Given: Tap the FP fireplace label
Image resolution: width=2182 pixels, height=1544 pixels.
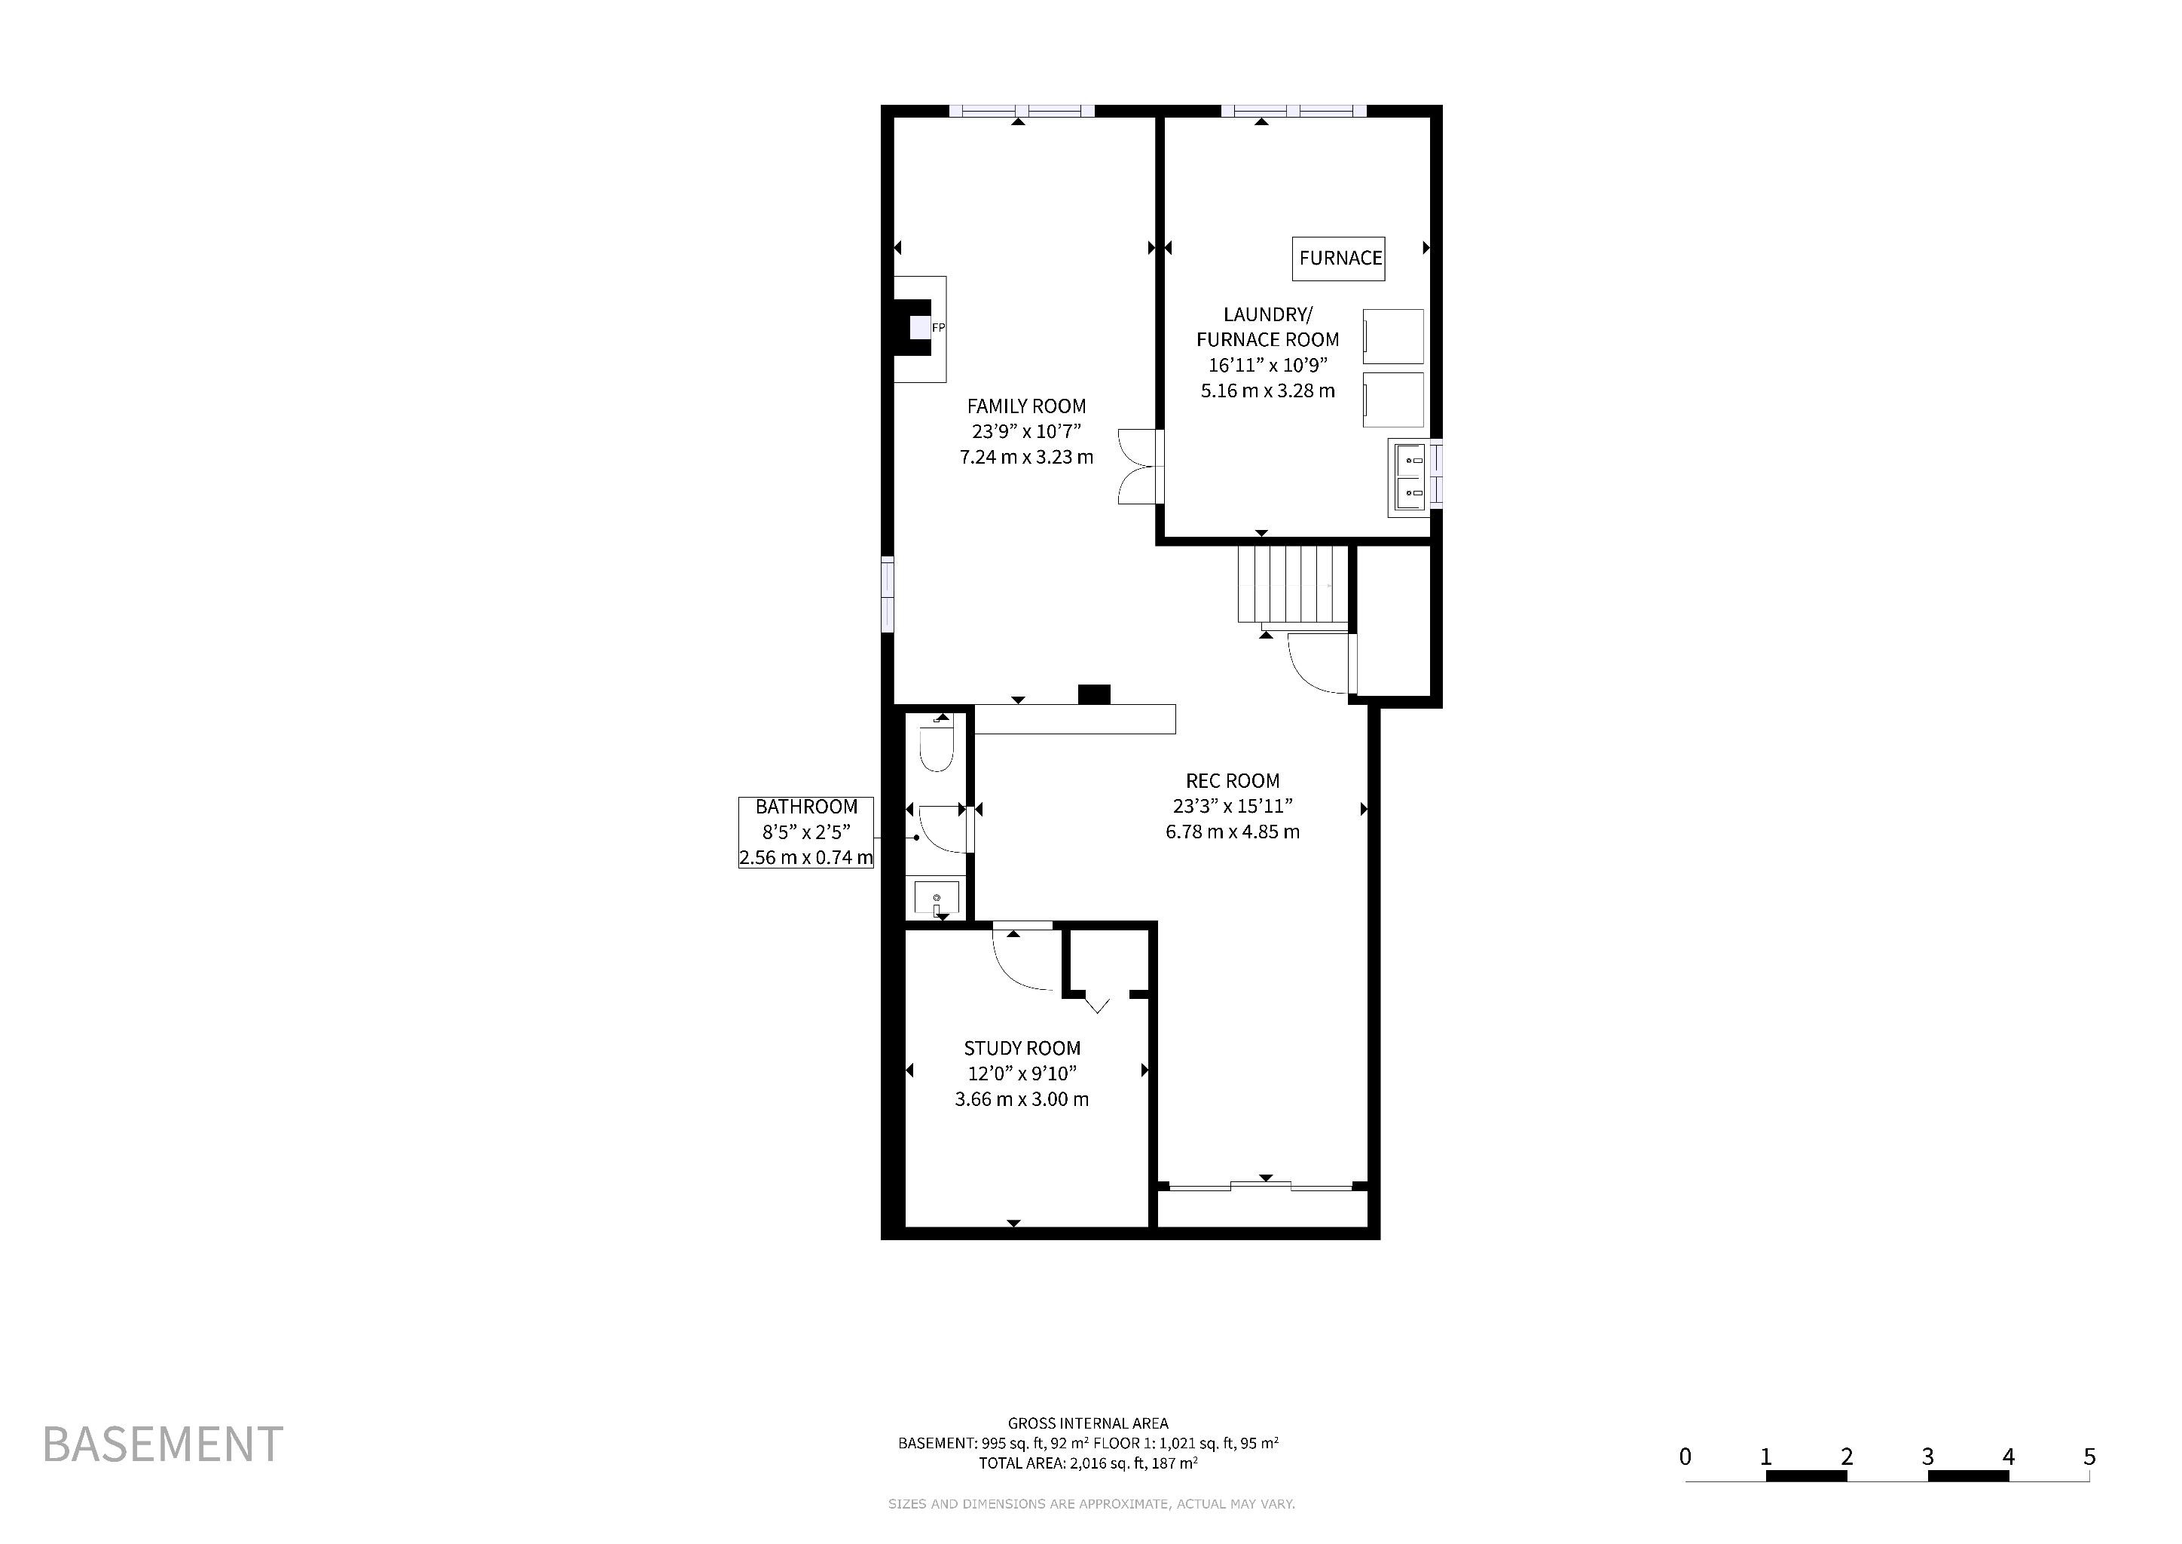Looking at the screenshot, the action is (938, 328).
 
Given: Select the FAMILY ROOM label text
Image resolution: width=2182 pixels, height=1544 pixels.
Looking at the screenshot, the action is (1026, 406).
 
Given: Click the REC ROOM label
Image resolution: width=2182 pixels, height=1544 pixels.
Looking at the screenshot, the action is (1233, 780).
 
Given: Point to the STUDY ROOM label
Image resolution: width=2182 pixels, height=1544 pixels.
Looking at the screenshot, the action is (1022, 1048).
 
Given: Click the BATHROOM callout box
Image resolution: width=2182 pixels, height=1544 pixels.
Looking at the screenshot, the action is (806, 832).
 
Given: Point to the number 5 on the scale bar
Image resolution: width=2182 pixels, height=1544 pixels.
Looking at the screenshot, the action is (2089, 1457).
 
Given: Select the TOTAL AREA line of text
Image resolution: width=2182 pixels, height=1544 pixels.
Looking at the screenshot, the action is (1088, 1463).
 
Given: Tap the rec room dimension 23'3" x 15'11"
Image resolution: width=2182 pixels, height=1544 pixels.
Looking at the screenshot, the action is (1233, 806).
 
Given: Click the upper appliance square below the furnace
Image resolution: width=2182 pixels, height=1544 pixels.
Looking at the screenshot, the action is (1393, 336).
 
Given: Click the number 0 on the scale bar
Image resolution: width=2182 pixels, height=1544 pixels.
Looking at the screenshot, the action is (1685, 1457).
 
